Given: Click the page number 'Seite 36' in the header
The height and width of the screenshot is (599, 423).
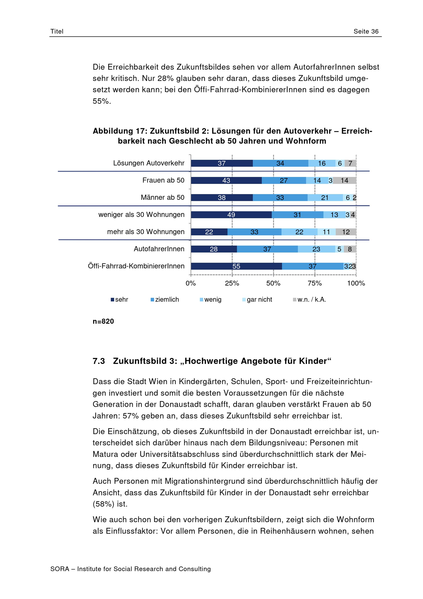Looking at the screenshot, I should (x=366, y=31).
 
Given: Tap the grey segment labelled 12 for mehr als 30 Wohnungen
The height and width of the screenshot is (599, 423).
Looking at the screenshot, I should (x=346, y=232).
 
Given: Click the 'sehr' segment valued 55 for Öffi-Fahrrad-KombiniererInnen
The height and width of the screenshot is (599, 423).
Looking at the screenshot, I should (x=236, y=266).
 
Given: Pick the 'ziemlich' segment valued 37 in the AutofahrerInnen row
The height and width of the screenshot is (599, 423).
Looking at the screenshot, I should (x=267, y=249).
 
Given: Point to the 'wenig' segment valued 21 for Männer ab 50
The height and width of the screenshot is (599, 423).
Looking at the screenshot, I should (x=325, y=197).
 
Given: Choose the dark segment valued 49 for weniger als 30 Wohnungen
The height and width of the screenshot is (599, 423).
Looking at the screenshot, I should (x=231, y=215).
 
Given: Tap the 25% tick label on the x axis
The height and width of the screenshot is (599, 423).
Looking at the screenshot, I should (x=232, y=283).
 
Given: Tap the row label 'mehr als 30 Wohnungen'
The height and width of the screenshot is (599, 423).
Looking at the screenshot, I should (x=146, y=232).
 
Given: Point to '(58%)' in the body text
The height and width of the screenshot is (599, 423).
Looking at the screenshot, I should (x=103, y=504).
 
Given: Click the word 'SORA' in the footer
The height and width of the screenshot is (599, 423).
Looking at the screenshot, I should (x=60, y=569).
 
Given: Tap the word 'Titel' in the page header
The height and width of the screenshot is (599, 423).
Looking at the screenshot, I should (x=57, y=31).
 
